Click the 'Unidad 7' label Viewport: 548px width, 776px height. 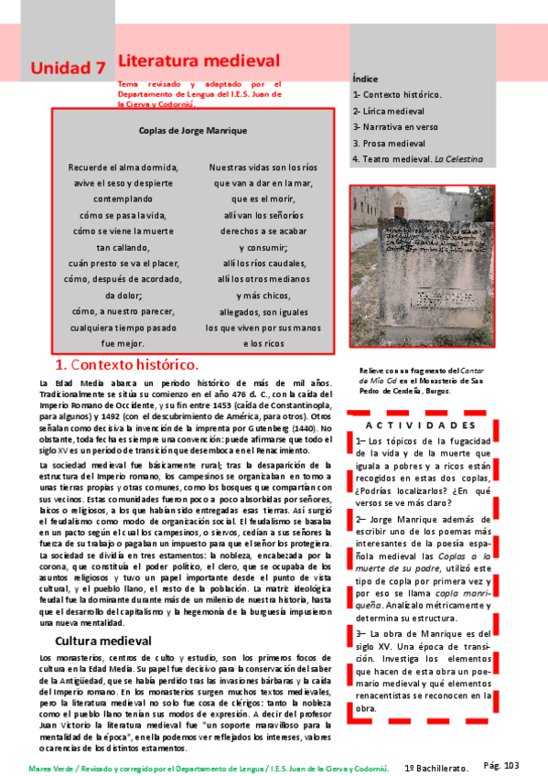click(x=67, y=68)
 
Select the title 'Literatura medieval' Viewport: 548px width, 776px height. click(x=199, y=60)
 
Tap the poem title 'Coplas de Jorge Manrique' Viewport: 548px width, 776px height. click(x=193, y=131)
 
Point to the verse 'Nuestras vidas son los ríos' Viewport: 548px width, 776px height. click(x=263, y=167)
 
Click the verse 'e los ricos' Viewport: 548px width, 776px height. click(x=263, y=343)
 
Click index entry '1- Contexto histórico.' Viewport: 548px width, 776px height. click(x=398, y=94)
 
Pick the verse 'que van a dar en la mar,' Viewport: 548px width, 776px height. click(x=263, y=183)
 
